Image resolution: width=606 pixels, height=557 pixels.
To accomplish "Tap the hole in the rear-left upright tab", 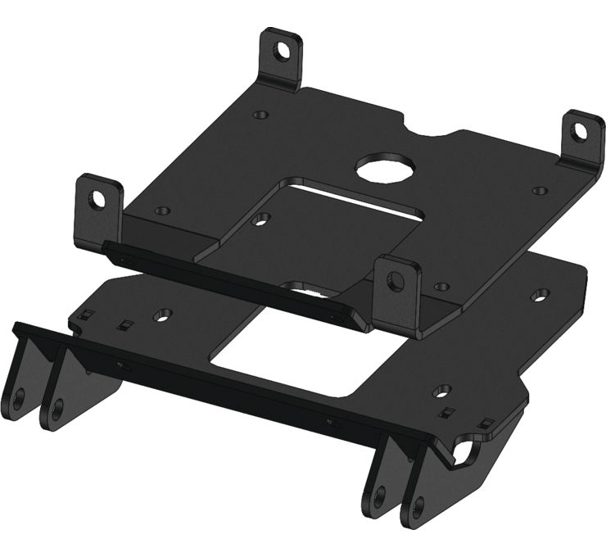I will pyautogui.click(x=282, y=50).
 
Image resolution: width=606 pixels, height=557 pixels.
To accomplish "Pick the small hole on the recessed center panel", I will pyautogui.click(x=262, y=219).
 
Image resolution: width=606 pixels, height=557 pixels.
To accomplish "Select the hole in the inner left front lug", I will pyautogui.click(x=57, y=405).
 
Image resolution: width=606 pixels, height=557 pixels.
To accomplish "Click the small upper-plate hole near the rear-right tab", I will pyautogui.click(x=539, y=190).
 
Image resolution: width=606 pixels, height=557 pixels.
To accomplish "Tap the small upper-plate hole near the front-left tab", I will pyautogui.click(x=161, y=211).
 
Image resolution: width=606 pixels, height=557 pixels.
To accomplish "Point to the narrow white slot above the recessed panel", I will pyautogui.click(x=360, y=198).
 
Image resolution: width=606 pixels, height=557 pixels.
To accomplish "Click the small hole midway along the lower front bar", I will pyautogui.click(x=330, y=423).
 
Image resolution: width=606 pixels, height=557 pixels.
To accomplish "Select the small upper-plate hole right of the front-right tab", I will pyautogui.click(x=443, y=287).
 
